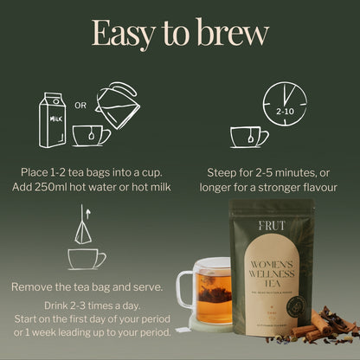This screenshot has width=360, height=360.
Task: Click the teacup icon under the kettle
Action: [x=90, y=135]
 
